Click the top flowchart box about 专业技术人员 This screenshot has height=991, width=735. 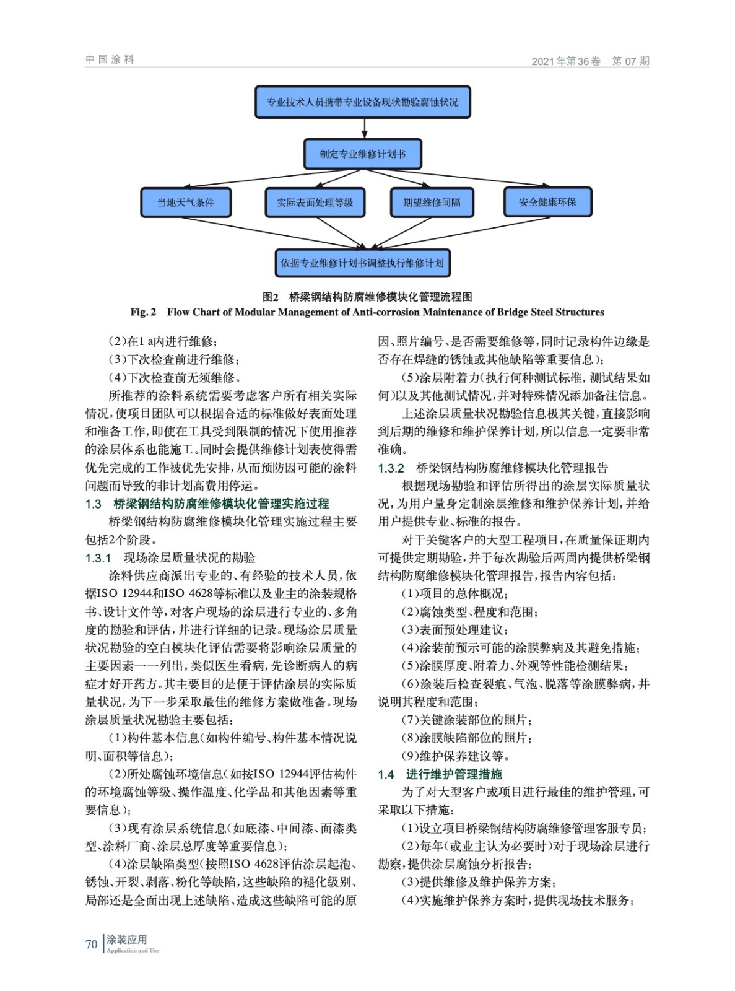(362, 102)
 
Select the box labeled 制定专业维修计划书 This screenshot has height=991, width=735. (362, 154)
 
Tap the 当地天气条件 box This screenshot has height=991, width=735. (186, 203)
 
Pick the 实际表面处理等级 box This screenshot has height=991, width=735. (315, 203)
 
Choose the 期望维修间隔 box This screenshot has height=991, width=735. (432, 203)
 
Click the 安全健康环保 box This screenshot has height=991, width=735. (547, 202)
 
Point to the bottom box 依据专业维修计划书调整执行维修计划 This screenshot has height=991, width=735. (362, 263)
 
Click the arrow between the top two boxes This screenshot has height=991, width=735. (364, 128)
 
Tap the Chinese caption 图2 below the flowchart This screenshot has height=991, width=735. (271, 297)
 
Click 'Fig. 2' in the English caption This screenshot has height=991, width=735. (143, 312)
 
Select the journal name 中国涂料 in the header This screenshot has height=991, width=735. (110, 59)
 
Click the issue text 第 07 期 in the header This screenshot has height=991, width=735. (630, 61)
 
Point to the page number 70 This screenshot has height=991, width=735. (92, 944)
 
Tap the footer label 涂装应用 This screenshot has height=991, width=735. (127, 940)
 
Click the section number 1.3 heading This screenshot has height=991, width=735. (94, 504)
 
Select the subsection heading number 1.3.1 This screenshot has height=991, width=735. (98, 558)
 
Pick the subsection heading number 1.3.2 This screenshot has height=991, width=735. (391, 468)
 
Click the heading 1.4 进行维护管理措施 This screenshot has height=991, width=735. (440, 774)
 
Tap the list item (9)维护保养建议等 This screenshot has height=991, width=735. (456, 756)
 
